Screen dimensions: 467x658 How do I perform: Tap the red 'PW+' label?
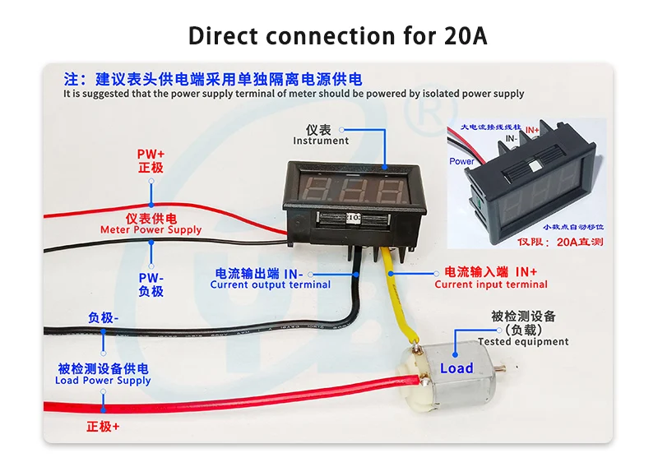[x=151, y=154]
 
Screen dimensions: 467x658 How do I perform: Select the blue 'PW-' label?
[x=151, y=278]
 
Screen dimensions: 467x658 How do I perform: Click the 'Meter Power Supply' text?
[x=151, y=230]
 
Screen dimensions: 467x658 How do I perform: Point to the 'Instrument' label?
[x=321, y=141]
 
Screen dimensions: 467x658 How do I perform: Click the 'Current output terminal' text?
[x=270, y=284]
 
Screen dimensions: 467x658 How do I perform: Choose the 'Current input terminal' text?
[x=491, y=284]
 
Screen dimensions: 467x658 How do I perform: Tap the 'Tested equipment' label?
[x=523, y=341]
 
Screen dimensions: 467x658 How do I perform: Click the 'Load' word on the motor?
[x=456, y=368]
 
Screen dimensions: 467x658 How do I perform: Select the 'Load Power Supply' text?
[x=103, y=381]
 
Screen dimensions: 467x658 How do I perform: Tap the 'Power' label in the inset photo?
[x=461, y=161]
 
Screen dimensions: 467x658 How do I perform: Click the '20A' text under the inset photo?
[x=568, y=242]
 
